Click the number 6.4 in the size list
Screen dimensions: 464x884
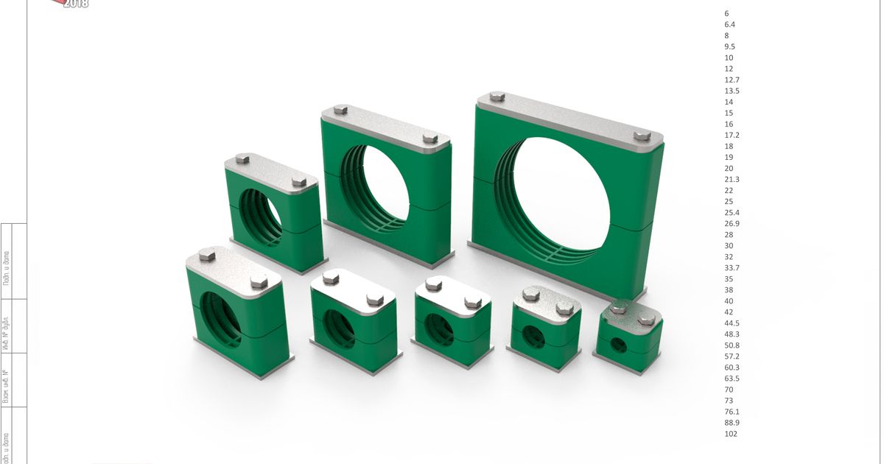point(729,24)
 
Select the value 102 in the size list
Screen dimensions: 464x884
point(731,434)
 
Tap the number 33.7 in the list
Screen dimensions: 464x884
point(732,268)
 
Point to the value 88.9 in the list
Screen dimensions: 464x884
point(732,423)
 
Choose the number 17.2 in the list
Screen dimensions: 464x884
point(732,136)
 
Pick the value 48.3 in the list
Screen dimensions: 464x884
point(732,334)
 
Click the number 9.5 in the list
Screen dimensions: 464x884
point(729,46)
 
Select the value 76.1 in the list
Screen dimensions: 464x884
point(732,412)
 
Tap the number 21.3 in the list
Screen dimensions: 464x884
point(732,180)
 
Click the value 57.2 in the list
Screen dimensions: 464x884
point(732,356)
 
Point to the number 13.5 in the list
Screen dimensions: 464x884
point(732,91)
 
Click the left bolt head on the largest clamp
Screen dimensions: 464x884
point(497,96)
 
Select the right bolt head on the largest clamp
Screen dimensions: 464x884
point(642,136)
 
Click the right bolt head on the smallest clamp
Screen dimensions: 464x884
point(647,319)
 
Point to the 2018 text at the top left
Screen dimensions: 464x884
point(75,4)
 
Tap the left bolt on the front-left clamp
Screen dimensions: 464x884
point(207,256)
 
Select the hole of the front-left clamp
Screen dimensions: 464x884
point(222,318)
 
